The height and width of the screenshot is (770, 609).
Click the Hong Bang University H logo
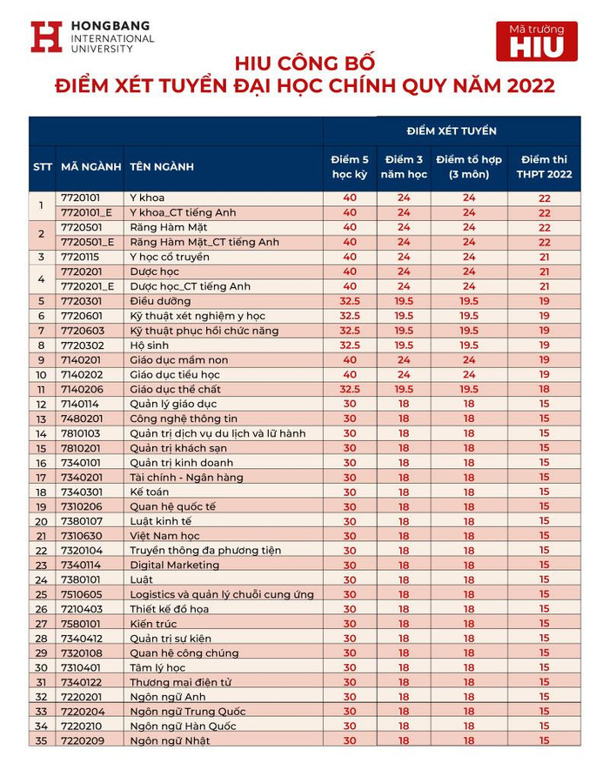pos(46,37)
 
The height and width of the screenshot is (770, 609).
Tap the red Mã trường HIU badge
pos(536,41)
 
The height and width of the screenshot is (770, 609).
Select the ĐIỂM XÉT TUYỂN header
pos(452,131)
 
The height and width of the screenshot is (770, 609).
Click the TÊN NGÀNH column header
pos(161,166)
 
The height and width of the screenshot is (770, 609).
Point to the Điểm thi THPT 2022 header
pos(544,166)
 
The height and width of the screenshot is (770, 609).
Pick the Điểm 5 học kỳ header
pos(350,166)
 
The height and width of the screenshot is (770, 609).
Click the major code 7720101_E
pos(86,212)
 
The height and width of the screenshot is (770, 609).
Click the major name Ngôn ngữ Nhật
pos(170,740)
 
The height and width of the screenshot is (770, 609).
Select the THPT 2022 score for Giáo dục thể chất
pos(544,389)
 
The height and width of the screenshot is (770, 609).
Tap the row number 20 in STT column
pos(41,521)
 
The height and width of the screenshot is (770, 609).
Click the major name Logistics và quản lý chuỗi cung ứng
pos(210,594)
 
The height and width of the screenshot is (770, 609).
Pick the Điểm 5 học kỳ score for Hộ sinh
pos(350,345)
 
